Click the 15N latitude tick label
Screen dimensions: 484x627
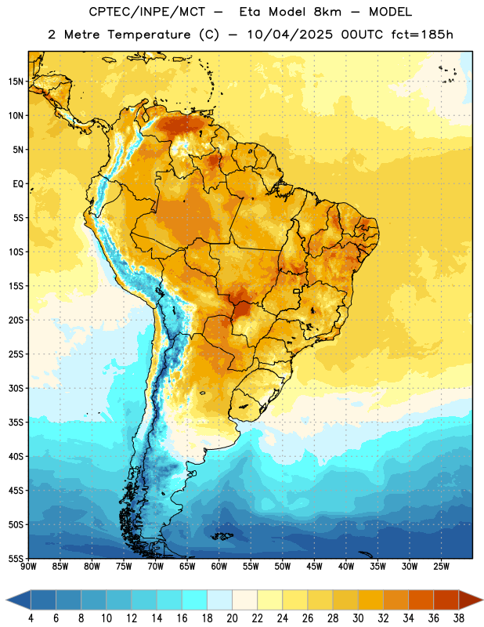click(x=16, y=82)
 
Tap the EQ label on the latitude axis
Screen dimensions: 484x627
click(x=18, y=184)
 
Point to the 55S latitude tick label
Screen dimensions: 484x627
click(x=16, y=558)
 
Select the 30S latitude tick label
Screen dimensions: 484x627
click(x=16, y=388)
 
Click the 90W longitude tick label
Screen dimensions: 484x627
click(x=28, y=567)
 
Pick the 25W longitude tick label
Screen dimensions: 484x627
click(x=441, y=567)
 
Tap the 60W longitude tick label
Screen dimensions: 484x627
click(x=219, y=567)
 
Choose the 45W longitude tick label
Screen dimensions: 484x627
click(x=314, y=567)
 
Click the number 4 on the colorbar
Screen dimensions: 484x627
click(x=31, y=618)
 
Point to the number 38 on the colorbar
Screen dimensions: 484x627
click(x=459, y=618)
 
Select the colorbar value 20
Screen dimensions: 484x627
click(x=232, y=618)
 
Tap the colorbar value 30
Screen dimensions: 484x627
click(x=358, y=618)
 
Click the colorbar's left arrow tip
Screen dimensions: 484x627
click(x=6, y=600)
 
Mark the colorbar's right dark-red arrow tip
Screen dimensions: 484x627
click(x=482, y=600)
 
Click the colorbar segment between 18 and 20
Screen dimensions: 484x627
click(x=219, y=600)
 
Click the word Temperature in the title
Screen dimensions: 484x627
click(x=149, y=34)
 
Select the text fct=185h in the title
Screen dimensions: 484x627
click(x=422, y=34)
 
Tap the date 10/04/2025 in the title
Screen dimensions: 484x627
click(x=290, y=34)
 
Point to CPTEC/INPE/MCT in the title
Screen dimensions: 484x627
click(x=146, y=12)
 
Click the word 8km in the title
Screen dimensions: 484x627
click(x=327, y=12)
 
